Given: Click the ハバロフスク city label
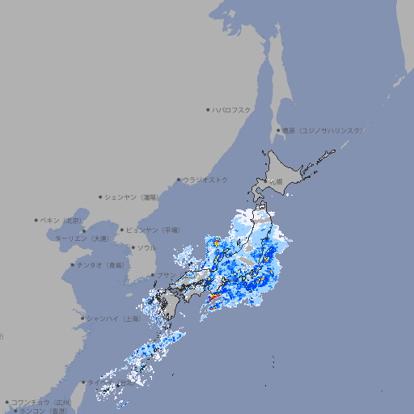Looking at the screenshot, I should [x=232, y=109].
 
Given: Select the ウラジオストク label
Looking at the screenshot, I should [x=205, y=180].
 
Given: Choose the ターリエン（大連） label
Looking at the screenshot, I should [x=82, y=239].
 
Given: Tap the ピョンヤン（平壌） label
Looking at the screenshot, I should [x=153, y=230].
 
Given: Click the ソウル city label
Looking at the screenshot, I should [x=146, y=247].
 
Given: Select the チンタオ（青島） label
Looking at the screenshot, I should [x=101, y=264].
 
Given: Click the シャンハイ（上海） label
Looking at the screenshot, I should [x=113, y=319].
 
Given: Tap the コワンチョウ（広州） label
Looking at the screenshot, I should [x=41, y=402].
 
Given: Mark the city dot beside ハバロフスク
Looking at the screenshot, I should [x=208, y=109].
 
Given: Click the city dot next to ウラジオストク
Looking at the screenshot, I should [x=179, y=180].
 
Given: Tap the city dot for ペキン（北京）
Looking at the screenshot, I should [x=36, y=220].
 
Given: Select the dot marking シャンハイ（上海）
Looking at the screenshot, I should [x=82, y=319].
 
